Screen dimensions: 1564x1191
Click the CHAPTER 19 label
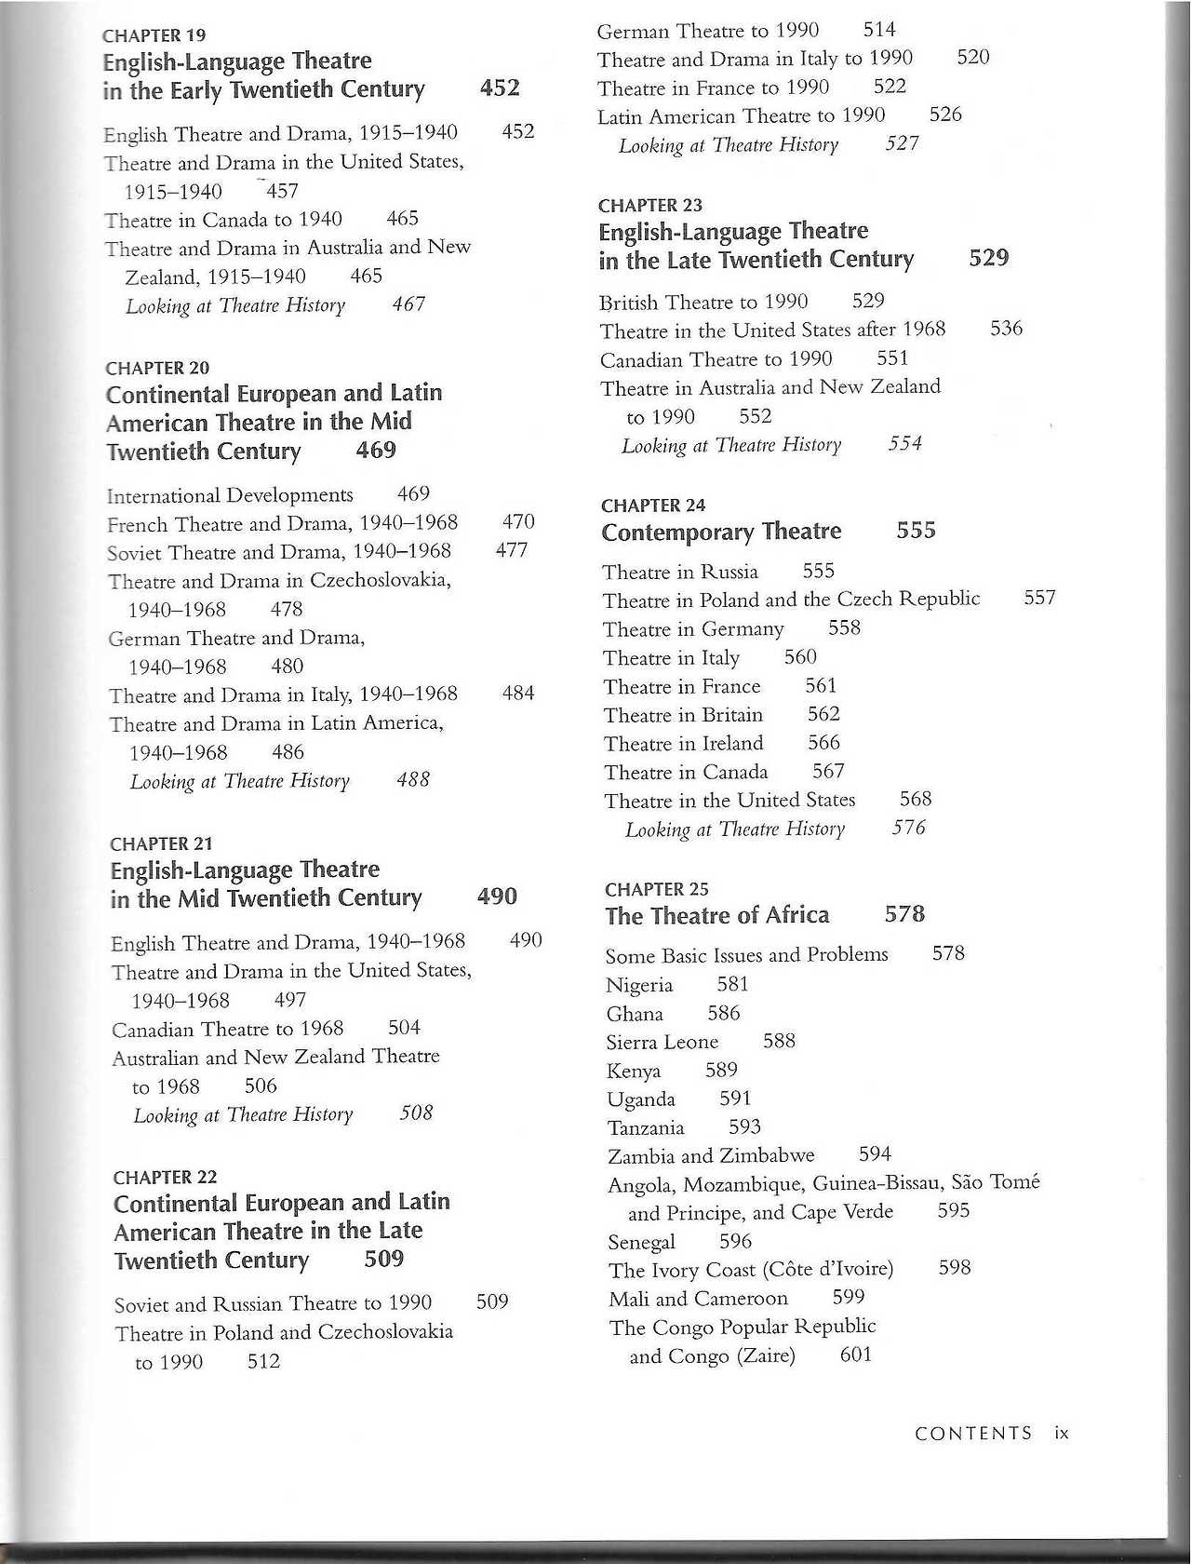click(x=154, y=36)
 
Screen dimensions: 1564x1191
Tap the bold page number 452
click(x=500, y=88)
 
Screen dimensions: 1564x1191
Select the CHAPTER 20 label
click(x=157, y=368)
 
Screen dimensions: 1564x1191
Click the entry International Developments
click(x=230, y=495)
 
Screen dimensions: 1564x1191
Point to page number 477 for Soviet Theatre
click(x=512, y=550)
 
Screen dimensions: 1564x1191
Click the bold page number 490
click(x=497, y=897)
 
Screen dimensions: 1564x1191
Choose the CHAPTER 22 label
click(x=165, y=1178)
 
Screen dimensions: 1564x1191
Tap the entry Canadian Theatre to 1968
click(x=228, y=1029)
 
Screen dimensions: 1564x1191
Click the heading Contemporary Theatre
click(x=721, y=532)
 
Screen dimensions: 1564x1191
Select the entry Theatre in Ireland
click(x=683, y=744)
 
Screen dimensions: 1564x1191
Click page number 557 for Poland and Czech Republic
click(x=1039, y=598)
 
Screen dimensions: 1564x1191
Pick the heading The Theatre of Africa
click(x=716, y=916)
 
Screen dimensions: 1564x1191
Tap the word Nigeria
click(x=638, y=985)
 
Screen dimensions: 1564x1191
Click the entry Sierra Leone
click(x=662, y=1043)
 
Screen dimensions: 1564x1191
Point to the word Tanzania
click(x=645, y=1128)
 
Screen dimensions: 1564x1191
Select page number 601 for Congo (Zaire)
click(x=855, y=1355)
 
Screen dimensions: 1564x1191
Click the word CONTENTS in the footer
click(x=973, y=1434)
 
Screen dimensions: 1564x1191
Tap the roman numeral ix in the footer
click(x=1062, y=1434)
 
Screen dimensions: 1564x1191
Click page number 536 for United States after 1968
click(x=1006, y=329)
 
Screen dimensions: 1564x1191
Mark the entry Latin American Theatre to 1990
click(x=741, y=116)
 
